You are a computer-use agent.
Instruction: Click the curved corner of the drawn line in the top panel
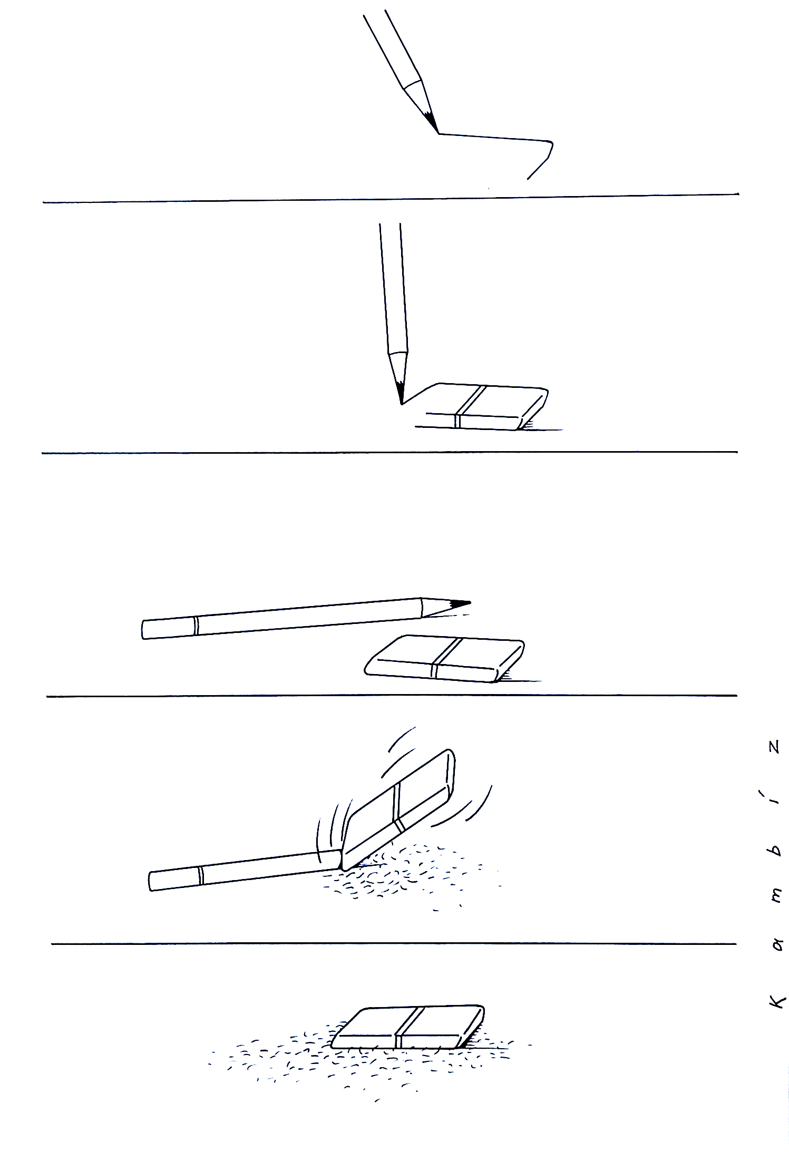tap(550, 143)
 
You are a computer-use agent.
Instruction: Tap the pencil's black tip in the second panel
tap(400, 393)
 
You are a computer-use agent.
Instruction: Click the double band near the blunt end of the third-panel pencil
tap(196, 626)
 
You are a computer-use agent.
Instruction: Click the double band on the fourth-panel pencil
tap(200, 875)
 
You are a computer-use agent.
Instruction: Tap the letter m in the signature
tap(776, 896)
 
